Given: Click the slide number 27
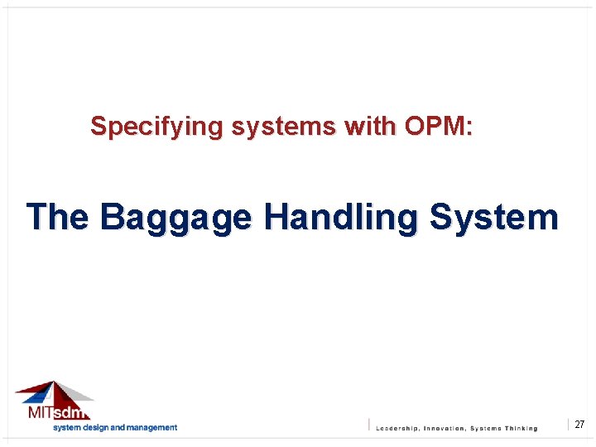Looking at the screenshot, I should pos(579,425).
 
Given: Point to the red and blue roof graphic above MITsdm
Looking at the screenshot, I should pos(53,392).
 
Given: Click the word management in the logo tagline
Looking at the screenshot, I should pos(151,428).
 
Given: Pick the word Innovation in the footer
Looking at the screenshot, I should pos(445,429).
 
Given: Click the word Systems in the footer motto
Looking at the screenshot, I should pos(485,429).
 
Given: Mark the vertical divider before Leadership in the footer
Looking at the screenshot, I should pos(369,425).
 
